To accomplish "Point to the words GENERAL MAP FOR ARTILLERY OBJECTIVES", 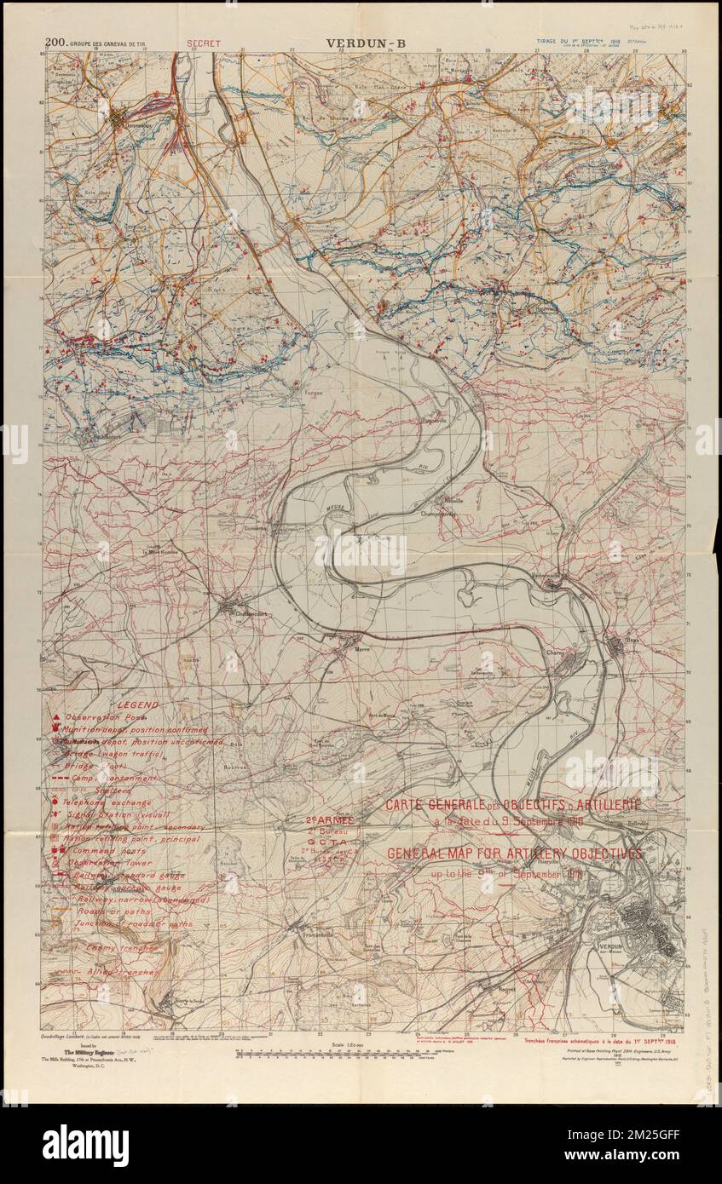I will (514, 854).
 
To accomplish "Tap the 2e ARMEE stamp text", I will (330, 819).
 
